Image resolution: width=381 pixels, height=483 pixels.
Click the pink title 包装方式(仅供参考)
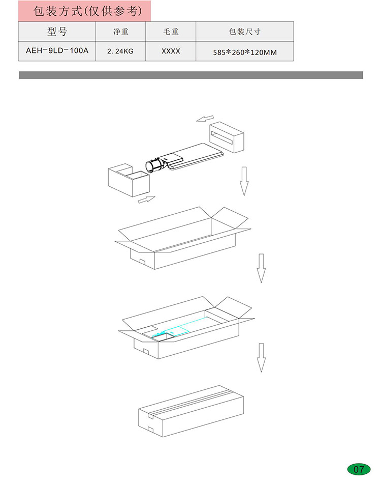coord(88,11)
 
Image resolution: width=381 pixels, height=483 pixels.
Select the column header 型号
coord(57,32)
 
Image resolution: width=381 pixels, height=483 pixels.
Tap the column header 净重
coord(120,32)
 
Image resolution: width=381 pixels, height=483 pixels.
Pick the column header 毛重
coord(171,32)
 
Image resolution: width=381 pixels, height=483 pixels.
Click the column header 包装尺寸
coord(245,32)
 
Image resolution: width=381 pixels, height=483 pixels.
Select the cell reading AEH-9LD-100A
coord(57,50)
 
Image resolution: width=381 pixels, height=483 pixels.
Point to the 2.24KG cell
coord(120,51)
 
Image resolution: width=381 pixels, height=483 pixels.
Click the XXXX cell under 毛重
coord(171,51)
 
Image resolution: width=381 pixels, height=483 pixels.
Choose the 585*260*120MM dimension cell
coord(245,52)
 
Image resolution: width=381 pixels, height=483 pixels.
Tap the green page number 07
coord(359,469)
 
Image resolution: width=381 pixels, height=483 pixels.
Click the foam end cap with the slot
coord(227,137)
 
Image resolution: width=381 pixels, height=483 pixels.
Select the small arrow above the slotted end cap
coord(205,118)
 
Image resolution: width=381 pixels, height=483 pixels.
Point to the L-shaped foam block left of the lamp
coord(129,180)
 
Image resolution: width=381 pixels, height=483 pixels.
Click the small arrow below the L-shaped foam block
coord(147,200)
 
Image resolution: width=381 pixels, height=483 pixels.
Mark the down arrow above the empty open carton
coord(244,181)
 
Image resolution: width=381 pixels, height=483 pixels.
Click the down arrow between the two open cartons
coord(261,268)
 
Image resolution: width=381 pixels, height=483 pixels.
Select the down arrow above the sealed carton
coord(261,357)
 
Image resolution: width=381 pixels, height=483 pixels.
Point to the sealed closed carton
coord(191,411)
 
